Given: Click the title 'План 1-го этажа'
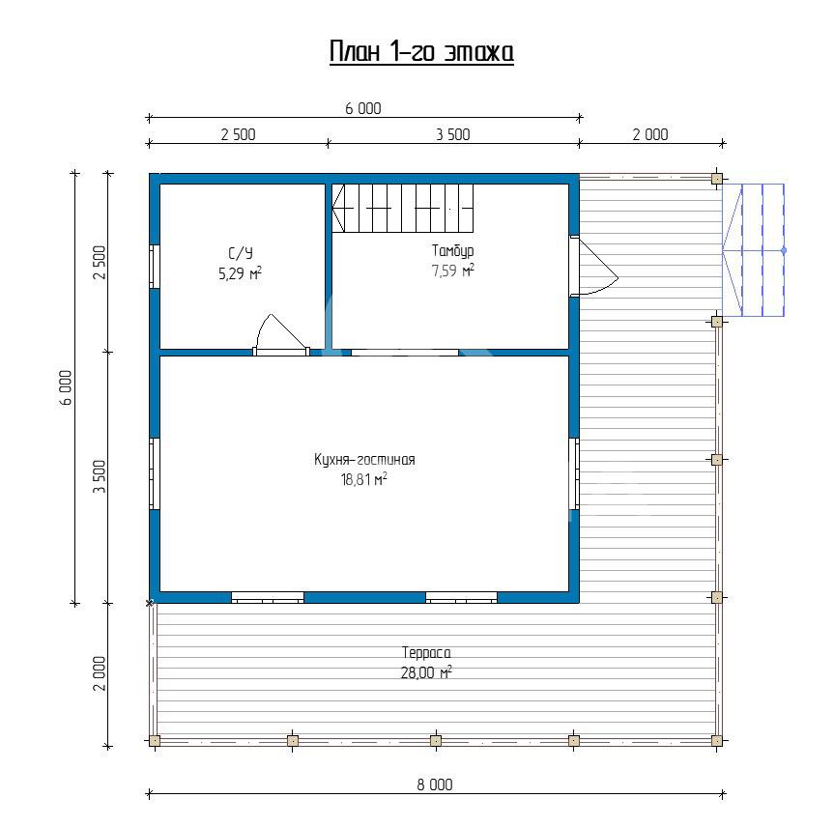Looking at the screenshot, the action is pyautogui.click(x=421, y=52).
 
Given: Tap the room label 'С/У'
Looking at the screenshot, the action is pyautogui.click(x=241, y=252).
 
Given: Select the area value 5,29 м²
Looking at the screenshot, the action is pyautogui.click(x=240, y=273).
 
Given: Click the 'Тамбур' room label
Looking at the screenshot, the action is pyautogui.click(x=452, y=250).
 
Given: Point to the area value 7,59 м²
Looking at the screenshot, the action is pyautogui.click(x=452, y=271).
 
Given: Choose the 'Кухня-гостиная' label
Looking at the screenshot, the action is pyautogui.click(x=364, y=460).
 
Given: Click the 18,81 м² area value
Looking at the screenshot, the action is pyautogui.click(x=363, y=480).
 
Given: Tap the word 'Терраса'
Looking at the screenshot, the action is pyautogui.click(x=426, y=652).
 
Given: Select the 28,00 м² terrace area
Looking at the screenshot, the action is pyautogui.click(x=426, y=672).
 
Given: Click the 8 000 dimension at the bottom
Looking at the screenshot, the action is pyautogui.click(x=435, y=784).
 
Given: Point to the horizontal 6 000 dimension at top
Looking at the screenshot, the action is pyautogui.click(x=363, y=108).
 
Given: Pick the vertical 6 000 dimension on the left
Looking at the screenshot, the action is pyautogui.click(x=66, y=387).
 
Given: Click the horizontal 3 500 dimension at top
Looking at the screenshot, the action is pyautogui.click(x=453, y=134).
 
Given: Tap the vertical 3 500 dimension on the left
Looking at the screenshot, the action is pyautogui.click(x=100, y=476).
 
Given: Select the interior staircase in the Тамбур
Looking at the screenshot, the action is pyautogui.click(x=403, y=208).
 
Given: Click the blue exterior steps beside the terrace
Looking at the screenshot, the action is pyautogui.click(x=753, y=250).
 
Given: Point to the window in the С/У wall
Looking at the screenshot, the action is pyautogui.click(x=155, y=267).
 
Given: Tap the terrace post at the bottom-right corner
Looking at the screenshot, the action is pyautogui.click(x=716, y=740).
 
